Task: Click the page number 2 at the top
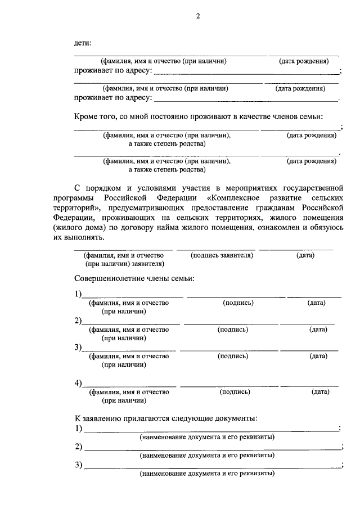(198, 17)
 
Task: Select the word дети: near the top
(83, 43)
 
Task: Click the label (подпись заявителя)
(217, 255)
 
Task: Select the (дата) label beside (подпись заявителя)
(305, 255)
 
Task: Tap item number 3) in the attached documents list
(78, 465)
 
